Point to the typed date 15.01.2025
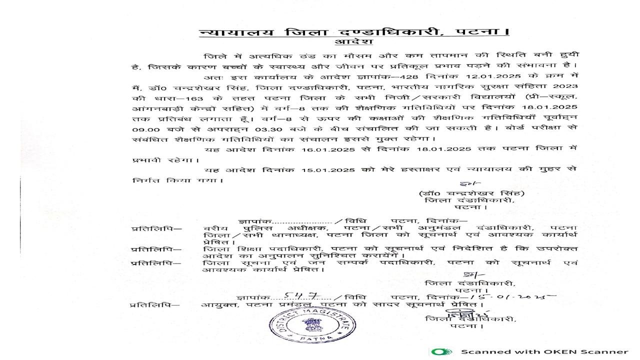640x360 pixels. pyautogui.click(x=324, y=170)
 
